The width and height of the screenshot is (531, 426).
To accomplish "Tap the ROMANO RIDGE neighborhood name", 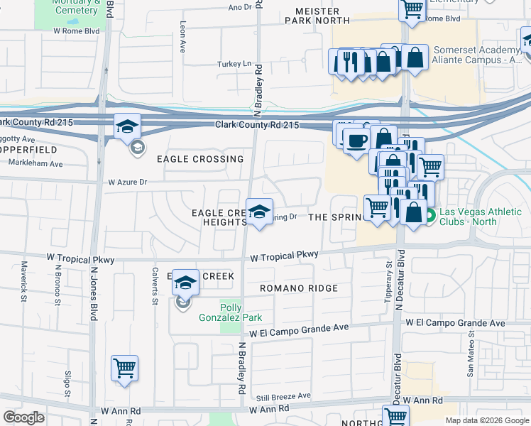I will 298,288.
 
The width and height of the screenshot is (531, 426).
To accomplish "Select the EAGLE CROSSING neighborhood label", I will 200,159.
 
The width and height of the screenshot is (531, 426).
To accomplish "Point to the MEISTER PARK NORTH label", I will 318,15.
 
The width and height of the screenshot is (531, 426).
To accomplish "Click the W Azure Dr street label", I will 127,182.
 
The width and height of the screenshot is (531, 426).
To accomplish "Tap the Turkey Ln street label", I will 234,64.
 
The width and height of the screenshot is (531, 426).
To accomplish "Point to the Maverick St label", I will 23,282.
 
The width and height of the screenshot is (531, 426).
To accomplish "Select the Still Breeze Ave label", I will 284,395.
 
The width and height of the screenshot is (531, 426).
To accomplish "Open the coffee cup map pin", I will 356,139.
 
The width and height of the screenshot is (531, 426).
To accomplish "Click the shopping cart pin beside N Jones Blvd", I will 124,368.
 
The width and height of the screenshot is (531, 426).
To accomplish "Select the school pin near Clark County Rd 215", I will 127,126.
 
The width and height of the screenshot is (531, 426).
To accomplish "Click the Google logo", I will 24,417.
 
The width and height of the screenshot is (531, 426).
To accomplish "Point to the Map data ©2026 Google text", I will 486,420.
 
